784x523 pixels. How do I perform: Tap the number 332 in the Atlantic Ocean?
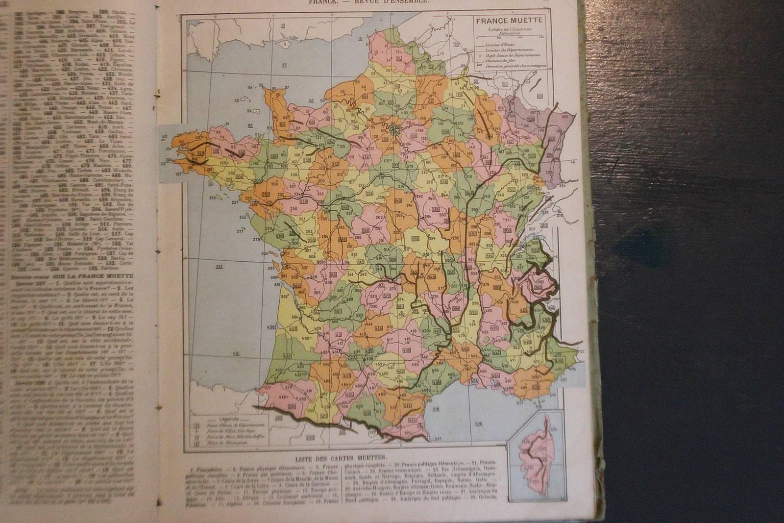point(219,266)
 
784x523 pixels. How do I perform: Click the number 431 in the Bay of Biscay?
point(236,353)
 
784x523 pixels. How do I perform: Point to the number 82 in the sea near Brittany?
point(250,125)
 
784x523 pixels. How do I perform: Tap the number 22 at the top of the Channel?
point(284,24)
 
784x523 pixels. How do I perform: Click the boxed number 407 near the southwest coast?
point(294,329)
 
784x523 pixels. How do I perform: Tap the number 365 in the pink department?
point(317,293)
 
